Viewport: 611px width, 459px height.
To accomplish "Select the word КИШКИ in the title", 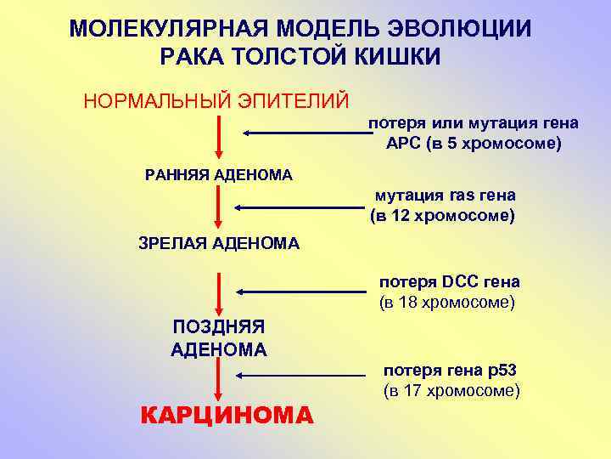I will click(400, 58).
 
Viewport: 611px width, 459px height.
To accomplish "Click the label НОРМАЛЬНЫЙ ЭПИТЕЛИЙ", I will click(216, 101).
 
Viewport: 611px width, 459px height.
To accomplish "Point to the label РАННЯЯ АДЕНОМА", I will click(219, 175).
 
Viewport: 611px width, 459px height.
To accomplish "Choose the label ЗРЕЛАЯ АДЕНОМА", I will click(219, 244).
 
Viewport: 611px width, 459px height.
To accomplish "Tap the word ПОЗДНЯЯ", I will click(219, 327).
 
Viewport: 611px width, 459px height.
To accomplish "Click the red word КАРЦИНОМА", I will click(226, 416).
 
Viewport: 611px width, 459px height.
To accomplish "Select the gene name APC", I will click(403, 144).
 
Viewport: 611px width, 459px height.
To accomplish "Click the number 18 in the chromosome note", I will click(406, 302).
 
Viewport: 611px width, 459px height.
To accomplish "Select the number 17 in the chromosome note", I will click(411, 391).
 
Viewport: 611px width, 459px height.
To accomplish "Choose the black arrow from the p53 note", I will click(300, 375).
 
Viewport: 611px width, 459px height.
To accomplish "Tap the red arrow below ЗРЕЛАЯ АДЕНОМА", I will click(220, 293).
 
